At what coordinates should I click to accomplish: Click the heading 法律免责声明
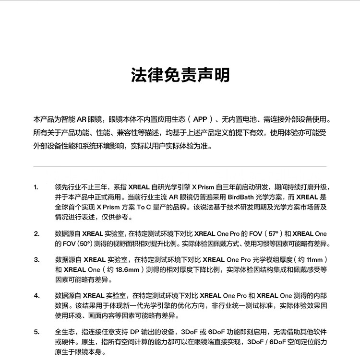pyautogui.click(x=180, y=75)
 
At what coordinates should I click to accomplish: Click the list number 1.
pyautogui.click(x=36, y=187)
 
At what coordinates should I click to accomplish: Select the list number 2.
pyautogui.click(x=36, y=234)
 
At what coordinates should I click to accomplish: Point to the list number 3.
pyautogui.click(x=36, y=260)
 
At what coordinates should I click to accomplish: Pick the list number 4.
pyautogui.click(x=36, y=296)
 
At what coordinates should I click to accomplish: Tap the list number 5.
pyautogui.click(x=36, y=332)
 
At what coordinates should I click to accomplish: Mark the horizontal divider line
pyautogui.click(x=180, y=166)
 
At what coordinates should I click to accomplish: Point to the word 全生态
pyautogui.click(x=65, y=332)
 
